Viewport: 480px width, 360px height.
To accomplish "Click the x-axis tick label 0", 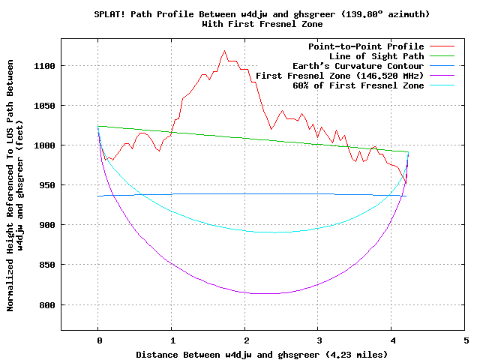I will pyautogui.click(x=98, y=340).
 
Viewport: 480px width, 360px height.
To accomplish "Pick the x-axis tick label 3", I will pyautogui.click(x=319, y=340).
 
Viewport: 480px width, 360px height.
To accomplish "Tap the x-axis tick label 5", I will pyautogui.click(x=466, y=340).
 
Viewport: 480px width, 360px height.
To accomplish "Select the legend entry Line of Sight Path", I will pyautogui.click(x=376, y=56).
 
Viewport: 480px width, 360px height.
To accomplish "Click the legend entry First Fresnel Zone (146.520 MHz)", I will pyautogui.click(x=340, y=76).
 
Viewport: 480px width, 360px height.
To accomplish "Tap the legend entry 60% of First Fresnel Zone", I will pyautogui.click(x=358, y=85).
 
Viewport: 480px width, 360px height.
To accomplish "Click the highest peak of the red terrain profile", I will pyautogui.click(x=224, y=51).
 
